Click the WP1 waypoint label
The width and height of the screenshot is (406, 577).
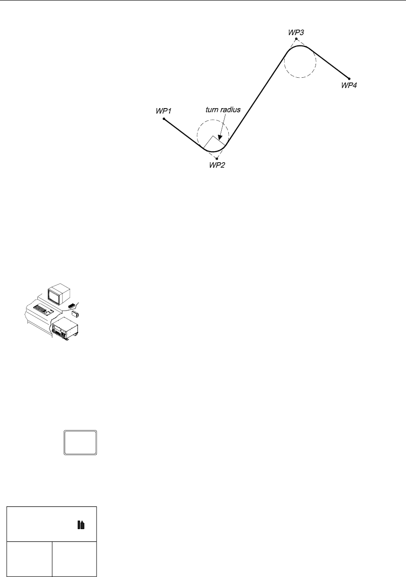click(x=163, y=110)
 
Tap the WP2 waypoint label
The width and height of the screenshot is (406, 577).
click(x=217, y=166)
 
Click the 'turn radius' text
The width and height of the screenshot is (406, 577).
click(x=223, y=109)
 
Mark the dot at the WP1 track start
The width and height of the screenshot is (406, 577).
click(x=164, y=119)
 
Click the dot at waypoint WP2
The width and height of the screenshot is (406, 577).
click(x=217, y=158)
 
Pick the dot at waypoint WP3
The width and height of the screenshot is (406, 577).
click(x=297, y=39)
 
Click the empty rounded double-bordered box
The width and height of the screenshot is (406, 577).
click(x=81, y=443)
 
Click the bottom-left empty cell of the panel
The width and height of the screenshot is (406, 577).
click(x=29, y=559)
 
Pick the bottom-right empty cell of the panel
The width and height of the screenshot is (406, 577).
click(x=74, y=559)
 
